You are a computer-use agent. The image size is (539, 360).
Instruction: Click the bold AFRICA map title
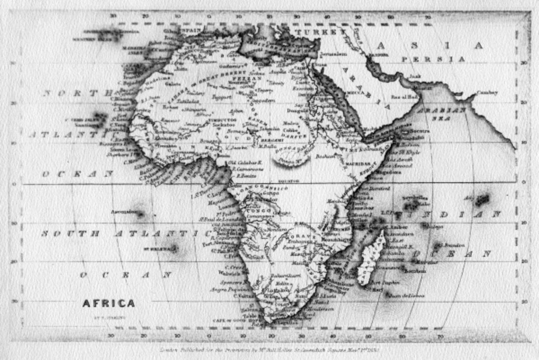108,303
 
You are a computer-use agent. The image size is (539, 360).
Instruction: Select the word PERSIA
433,59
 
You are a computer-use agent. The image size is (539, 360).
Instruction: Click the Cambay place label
486,93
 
